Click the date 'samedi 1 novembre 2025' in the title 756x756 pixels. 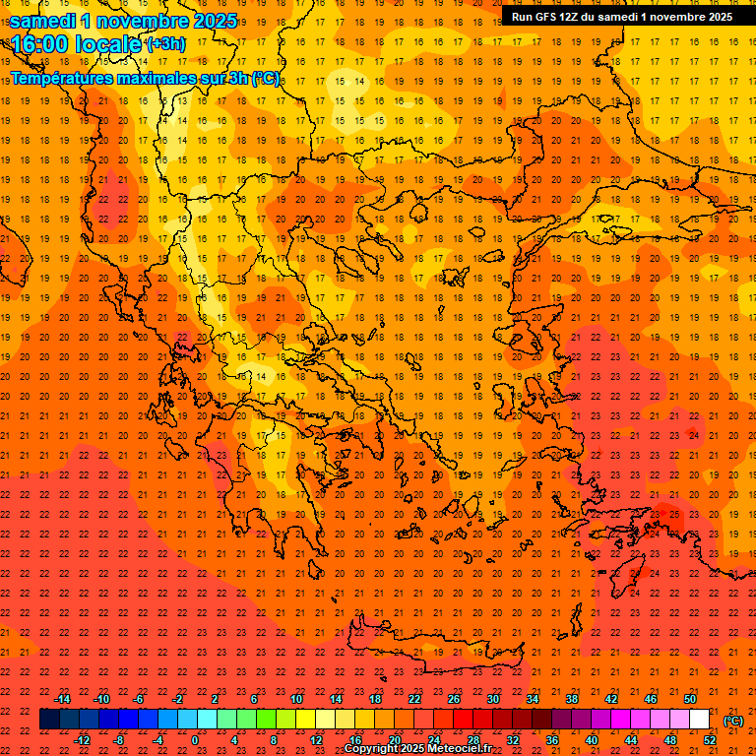tap(123, 21)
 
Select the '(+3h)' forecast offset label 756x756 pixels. tap(164, 44)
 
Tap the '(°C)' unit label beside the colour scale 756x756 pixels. tap(733, 720)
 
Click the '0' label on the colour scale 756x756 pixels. tap(195, 740)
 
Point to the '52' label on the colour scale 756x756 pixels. tap(710, 740)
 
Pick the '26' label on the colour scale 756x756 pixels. tap(454, 699)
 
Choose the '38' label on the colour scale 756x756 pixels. tap(572, 699)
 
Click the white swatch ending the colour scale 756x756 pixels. tap(699, 720)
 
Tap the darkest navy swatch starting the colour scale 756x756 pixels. tap(49, 720)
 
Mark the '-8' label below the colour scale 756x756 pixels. tap(119, 740)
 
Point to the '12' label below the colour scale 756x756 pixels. tap(316, 740)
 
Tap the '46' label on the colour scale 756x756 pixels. tap(651, 699)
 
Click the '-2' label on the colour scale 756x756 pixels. tap(178, 699)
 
